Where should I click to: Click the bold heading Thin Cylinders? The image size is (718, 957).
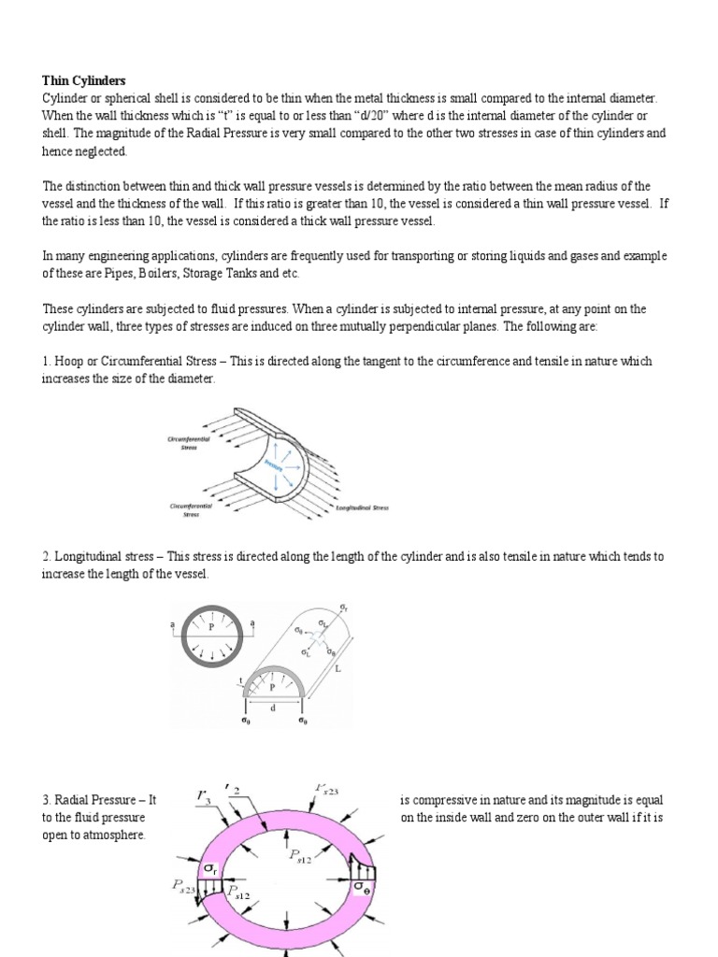(82, 81)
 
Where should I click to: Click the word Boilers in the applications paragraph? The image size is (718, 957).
(155, 273)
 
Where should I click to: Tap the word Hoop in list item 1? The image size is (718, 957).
(72, 361)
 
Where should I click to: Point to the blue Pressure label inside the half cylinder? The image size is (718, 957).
(273, 464)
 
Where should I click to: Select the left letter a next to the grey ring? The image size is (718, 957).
(171, 621)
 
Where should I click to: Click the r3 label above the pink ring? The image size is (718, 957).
(203, 797)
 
